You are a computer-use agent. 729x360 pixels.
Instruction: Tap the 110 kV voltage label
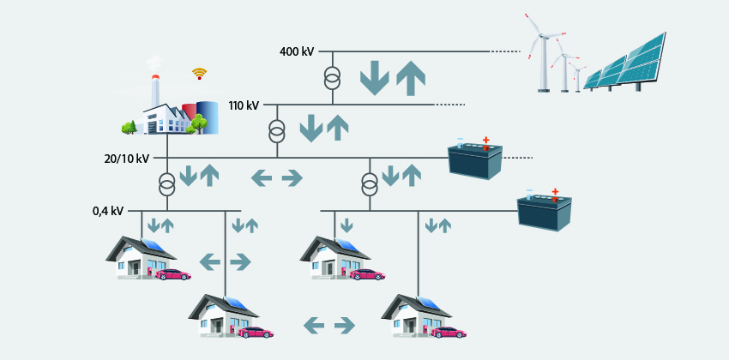point(244,106)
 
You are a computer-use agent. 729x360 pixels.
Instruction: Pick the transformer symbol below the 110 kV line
point(276,133)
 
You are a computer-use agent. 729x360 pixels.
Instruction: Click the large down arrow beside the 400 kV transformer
point(374,77)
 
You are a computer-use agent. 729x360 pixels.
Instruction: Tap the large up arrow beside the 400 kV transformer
point(411,77)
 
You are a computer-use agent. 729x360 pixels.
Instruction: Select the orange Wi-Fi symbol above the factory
point(200,74)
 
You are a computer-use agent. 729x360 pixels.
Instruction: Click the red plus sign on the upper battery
point(487,139)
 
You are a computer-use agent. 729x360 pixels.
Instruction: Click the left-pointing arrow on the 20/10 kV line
point(262,177)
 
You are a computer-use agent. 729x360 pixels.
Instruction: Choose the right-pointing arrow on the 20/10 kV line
point(292,177)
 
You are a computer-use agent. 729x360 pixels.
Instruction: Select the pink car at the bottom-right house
point(449,332)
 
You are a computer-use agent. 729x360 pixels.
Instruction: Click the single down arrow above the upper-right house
point(346,225)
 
